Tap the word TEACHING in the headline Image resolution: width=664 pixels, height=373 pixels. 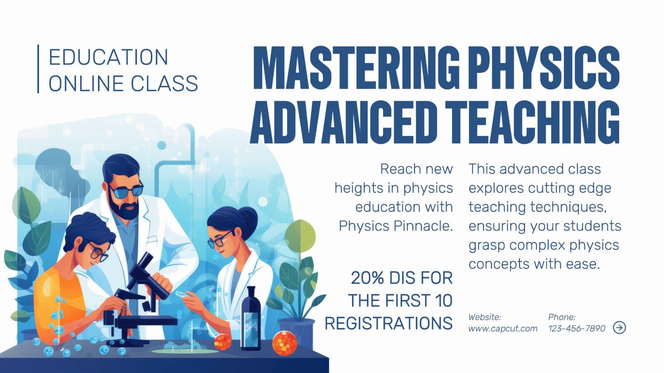point(532,122)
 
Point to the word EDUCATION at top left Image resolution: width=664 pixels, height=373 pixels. point(108,57)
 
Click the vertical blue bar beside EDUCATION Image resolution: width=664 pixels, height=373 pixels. point(38,69)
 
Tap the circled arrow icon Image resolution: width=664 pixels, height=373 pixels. point(619,327)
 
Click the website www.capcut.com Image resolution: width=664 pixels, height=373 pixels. point(503,329)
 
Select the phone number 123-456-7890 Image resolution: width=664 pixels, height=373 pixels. point(576,329)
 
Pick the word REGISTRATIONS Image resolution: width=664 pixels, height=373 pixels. point(388,323)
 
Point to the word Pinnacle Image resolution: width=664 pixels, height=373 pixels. point(423,226)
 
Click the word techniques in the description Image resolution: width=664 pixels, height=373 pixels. point(569,207)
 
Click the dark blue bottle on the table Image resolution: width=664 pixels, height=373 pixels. point(251,319)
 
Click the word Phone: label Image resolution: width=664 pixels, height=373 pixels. point(562,317)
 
